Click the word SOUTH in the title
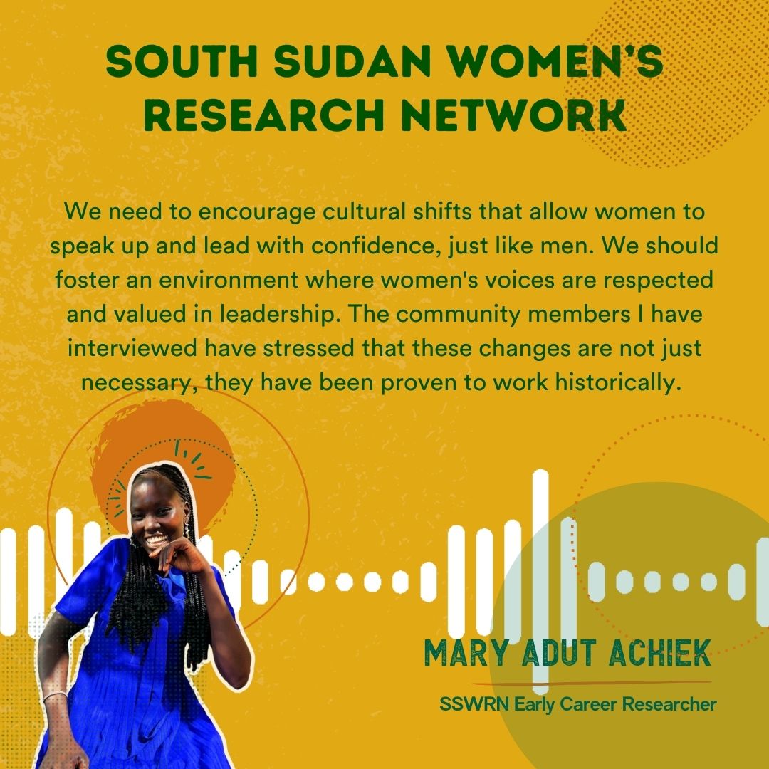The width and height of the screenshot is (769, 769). tap(182, 61)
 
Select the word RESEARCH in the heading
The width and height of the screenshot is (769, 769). tap(264, 115)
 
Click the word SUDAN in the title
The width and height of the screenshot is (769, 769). tap(352, 61)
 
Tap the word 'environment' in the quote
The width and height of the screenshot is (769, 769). tap(229, 280)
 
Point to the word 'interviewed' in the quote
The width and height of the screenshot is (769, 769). tap(132, 348)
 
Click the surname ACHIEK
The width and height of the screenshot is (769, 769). tap(660, 653)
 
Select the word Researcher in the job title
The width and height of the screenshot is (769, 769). tap(670, 704)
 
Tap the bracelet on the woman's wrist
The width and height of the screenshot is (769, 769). tap(54, 696)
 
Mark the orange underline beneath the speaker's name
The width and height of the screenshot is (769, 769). tap(592, 683)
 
